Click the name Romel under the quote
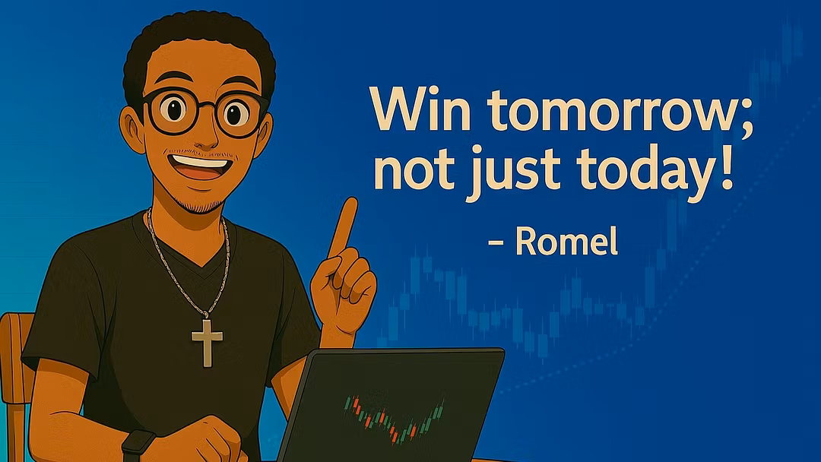pos(566,241)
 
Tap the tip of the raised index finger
pos(350,201)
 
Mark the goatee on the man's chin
pos(201,201)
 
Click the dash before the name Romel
pos(496,242)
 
